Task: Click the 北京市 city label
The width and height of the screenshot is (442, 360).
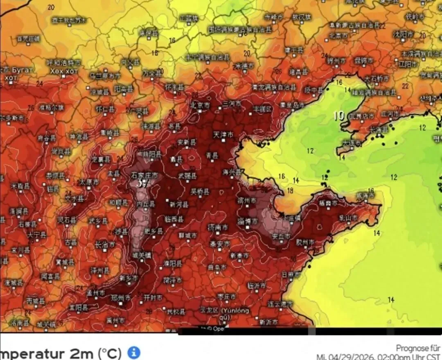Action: pyautogui.click(x=201, y=105)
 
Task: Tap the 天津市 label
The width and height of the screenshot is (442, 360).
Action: pyautogui.click(x=223, y=134)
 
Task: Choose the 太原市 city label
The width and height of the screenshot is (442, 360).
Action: pyautogui.click(x=88, y=181)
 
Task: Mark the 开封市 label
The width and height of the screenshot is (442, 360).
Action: pyautogui.click(x=153, y=298)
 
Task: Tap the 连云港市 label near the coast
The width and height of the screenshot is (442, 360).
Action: pyautogui.click(x=280, y=303)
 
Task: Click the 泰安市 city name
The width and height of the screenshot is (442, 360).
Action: pyautogui.click(x=220, y=244)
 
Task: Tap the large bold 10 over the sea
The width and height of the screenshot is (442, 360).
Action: pyautogui.click(x=339, y=116)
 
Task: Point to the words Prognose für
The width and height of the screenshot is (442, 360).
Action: pyautogui.click(x=417, y=348)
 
